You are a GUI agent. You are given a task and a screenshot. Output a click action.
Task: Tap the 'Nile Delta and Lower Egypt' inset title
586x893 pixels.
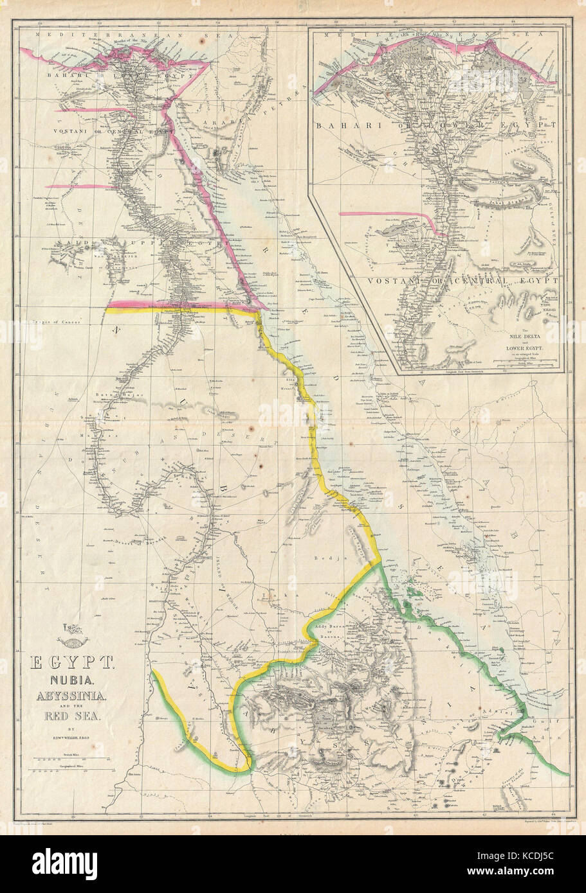click(518, 340)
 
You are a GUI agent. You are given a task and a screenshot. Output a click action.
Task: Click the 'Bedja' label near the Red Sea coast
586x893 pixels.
click(339, 559)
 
